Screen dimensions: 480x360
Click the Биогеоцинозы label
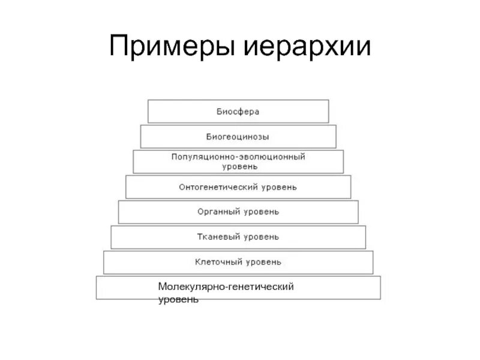(238, 137)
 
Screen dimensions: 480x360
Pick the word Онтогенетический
(218, 187)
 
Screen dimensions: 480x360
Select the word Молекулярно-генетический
(226, 287)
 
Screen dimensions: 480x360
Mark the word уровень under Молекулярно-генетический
(178, 298)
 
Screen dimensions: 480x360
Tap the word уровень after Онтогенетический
(278, 187)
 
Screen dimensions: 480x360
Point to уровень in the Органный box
(261, 212)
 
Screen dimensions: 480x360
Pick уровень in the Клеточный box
(262, 262)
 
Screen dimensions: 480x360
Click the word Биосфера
(238, 112)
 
